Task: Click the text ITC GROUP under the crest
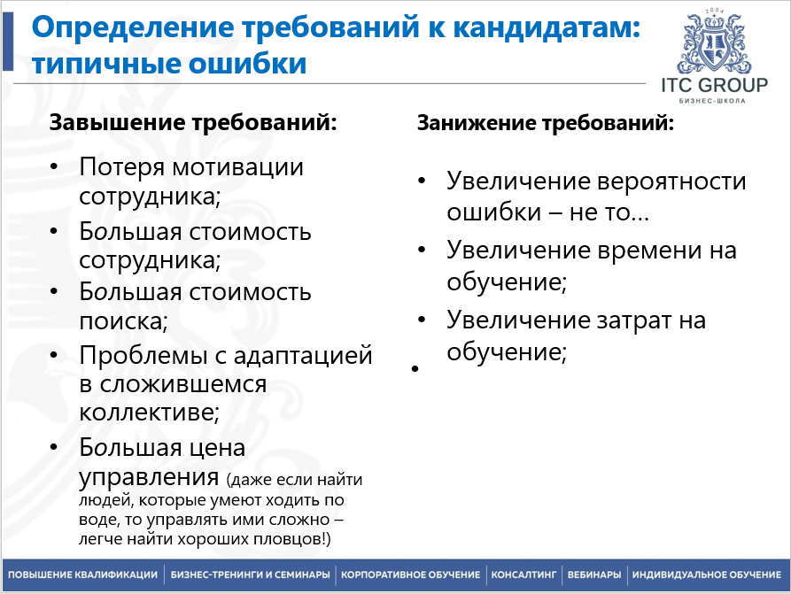click(714, 85)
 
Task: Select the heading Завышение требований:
click(193, 122)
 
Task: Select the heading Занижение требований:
click(546, 124)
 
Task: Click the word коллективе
click(146, 412)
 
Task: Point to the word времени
click(655, 251)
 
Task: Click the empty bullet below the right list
click(414, 366)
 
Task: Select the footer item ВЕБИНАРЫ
click(594, 575)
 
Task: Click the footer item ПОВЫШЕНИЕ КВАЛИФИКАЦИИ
click(83, 575)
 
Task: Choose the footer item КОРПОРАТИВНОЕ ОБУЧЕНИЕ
click(411, 575)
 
